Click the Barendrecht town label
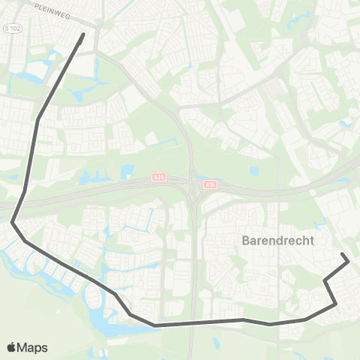278,241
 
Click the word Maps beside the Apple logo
32,347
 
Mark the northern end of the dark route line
82,33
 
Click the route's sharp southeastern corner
335,304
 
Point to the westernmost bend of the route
12,221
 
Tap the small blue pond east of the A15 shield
254,172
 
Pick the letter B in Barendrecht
247,241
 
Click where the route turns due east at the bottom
155,325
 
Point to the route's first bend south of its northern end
37,118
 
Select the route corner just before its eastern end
325,281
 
